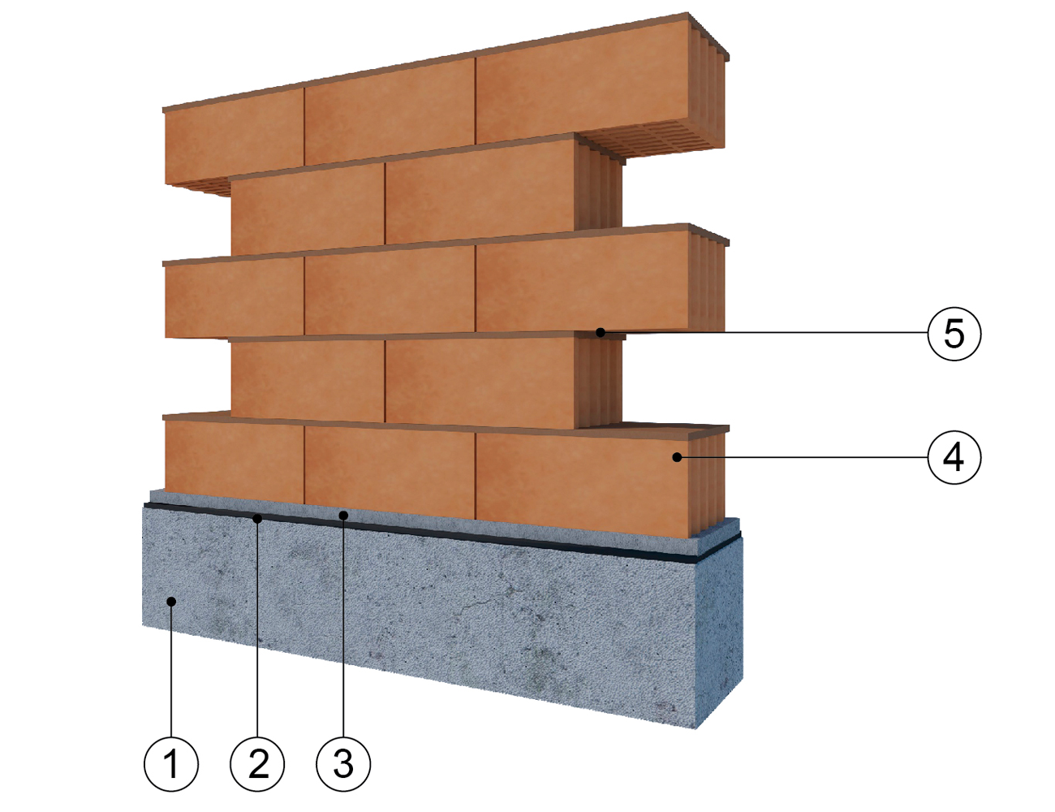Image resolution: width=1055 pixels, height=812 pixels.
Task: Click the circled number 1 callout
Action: (171, 764)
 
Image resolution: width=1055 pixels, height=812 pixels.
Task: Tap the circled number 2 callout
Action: (257, 764)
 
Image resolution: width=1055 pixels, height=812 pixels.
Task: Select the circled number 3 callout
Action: (343, 764)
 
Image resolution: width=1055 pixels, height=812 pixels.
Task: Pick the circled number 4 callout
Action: (954, 457)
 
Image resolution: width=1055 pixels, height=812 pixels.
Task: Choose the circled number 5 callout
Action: (954, 333)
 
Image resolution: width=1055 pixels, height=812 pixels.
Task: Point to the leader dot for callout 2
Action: (257, 519)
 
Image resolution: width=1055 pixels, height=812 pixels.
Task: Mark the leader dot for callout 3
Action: (343, 515)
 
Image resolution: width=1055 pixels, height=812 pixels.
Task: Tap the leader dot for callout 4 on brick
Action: (677, 457)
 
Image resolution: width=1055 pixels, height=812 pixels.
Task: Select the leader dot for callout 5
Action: (601, 333)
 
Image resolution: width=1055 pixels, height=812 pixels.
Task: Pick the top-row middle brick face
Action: (390, 112)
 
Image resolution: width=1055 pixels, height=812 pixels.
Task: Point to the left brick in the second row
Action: (308, 209)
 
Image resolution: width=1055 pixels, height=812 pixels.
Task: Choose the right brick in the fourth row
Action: (480, 382)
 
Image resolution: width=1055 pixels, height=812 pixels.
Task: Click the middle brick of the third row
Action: (390, 289)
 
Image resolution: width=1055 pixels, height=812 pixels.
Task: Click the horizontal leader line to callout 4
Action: (804, 457)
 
